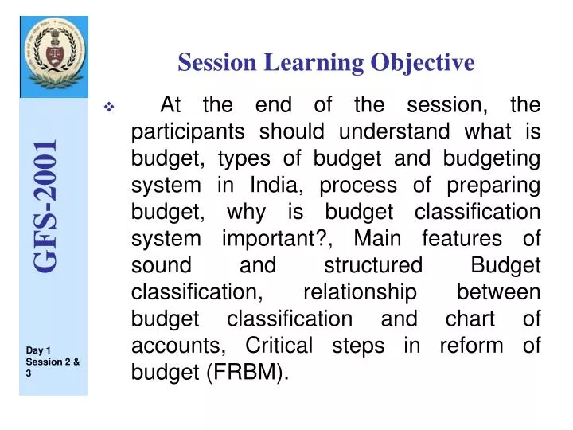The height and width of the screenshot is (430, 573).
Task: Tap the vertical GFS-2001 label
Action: [x=45, y=205]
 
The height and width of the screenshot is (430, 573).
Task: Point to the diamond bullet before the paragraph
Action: [x=109, y=107]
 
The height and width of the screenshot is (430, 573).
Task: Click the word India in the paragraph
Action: [x=269, y=185]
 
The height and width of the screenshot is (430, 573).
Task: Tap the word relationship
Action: [x=360, y=292]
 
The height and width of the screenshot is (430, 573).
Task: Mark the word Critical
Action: [x=280, y=346]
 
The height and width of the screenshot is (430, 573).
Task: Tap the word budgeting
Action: [x=492, y=158]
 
